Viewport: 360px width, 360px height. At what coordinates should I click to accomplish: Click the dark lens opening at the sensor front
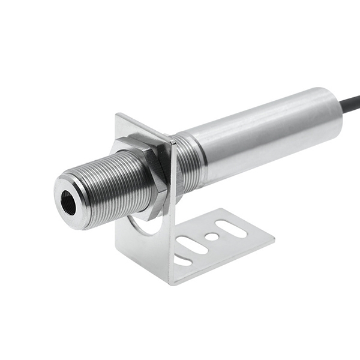(69, 205)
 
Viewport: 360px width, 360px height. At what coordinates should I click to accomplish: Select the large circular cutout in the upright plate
(144, 227)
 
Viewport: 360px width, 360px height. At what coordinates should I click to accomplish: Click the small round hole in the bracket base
(211, 236)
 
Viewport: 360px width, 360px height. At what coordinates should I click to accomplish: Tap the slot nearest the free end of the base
(232, 228)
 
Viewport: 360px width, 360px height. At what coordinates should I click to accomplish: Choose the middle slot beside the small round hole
(191, 245)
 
